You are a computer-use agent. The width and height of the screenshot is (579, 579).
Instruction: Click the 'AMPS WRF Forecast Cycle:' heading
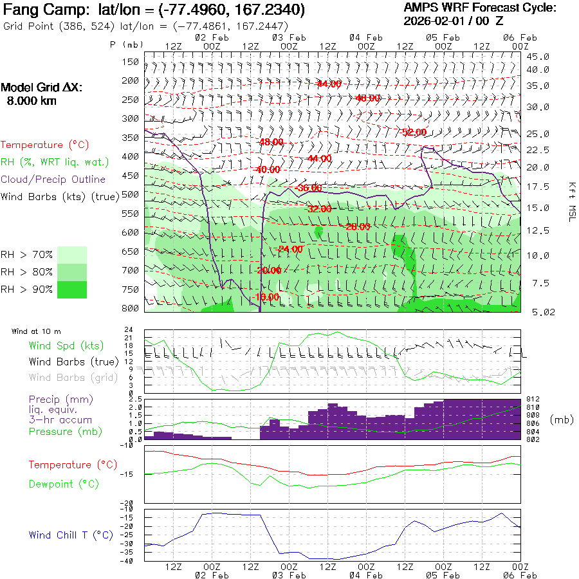pos(480,8)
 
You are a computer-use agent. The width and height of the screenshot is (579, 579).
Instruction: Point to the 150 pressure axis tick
pos(131,62)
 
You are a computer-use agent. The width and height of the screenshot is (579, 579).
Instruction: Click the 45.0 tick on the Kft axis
pos(537,57)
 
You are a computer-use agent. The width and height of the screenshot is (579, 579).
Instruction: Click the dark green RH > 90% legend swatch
pos(72,289)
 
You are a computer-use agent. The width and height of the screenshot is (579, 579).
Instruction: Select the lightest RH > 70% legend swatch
pos(72,255)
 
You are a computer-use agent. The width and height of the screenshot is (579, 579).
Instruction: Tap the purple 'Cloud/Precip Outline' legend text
pos(53,179)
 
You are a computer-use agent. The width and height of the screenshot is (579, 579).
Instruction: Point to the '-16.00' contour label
pos(267,297)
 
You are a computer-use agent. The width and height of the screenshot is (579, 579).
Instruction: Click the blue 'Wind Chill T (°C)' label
pos(70,535)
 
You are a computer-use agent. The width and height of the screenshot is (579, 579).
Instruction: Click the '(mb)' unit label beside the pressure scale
pos(562,419)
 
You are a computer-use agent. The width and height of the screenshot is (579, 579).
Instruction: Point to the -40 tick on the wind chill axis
pos(135,560)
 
